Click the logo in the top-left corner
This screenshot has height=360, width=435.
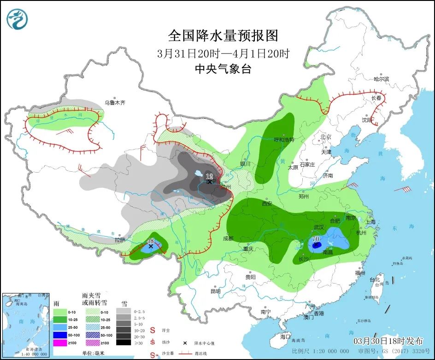tap(17, 19)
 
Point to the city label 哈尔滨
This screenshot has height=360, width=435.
tap(381, 79)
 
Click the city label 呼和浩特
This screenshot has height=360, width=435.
tap(284, 139)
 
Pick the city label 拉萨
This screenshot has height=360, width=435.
tap(120, 240)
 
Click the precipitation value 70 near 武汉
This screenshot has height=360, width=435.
tap(316, 239)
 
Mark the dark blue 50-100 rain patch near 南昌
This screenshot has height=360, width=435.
tap(317, 246)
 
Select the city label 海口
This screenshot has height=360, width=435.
tap(286, 337)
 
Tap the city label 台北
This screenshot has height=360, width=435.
tap(375, 279)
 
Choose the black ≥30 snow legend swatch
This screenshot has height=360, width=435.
tap(123, 342)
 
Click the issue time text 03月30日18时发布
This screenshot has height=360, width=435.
tap(388, 341)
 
